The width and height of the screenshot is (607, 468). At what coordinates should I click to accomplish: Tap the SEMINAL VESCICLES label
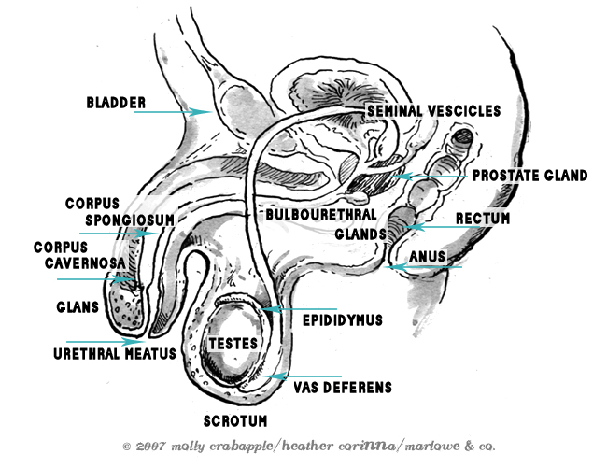420,110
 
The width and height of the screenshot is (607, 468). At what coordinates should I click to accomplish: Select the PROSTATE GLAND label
529,175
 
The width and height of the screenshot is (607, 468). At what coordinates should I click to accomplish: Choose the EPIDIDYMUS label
343,319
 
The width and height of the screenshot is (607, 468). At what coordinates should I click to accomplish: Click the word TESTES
232,344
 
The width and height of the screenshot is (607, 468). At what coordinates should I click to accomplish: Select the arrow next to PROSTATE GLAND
430,176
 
